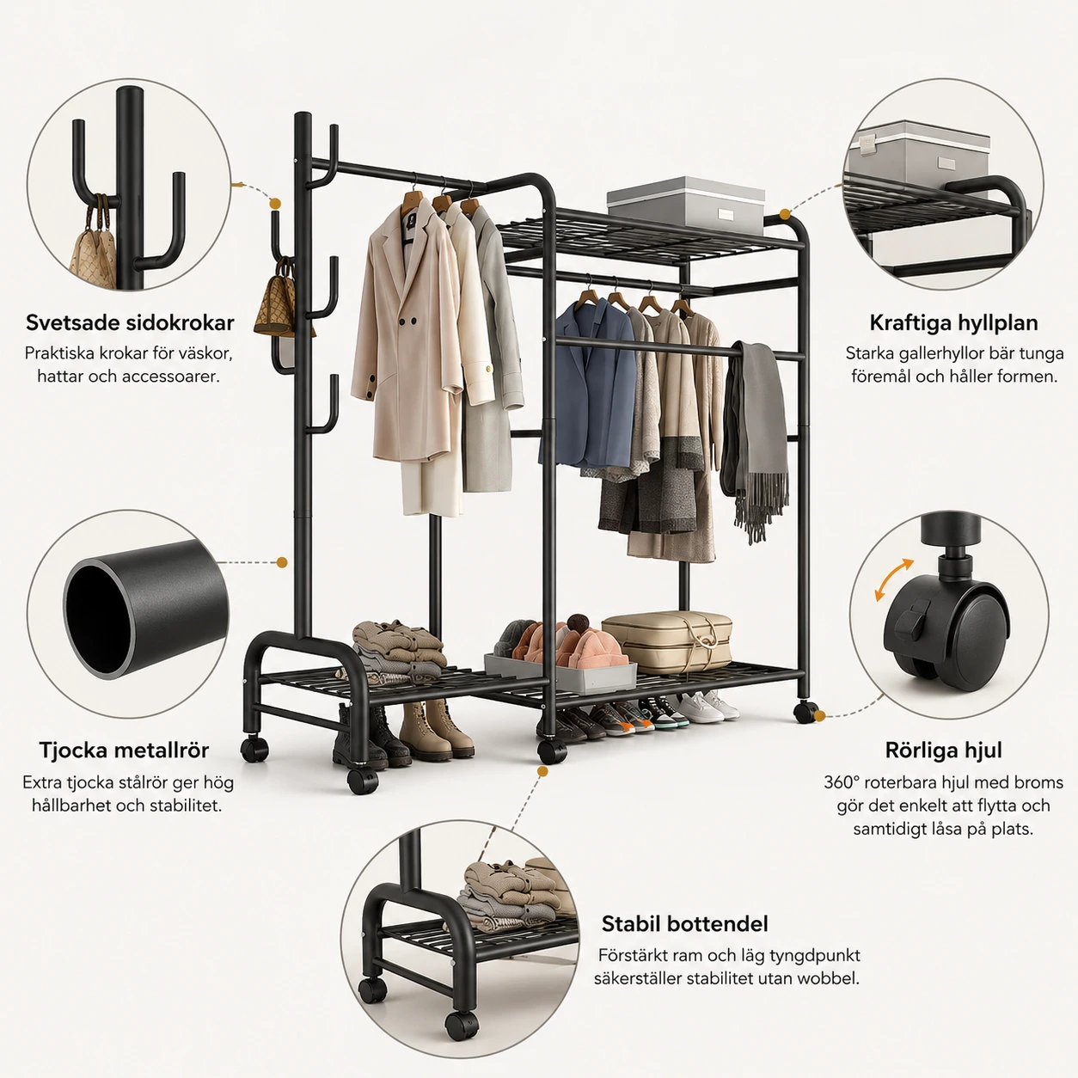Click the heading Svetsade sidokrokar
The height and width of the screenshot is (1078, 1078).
130,323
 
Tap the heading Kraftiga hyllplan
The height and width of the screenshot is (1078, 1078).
954,323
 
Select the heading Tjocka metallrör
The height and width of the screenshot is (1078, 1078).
124,750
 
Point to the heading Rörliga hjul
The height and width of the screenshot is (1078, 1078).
943,750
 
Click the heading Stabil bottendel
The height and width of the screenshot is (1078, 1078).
685,923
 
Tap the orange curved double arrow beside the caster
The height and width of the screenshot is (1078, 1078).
893,579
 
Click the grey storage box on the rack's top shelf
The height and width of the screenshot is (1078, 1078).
685,205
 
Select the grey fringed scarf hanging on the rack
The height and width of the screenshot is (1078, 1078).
755,437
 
